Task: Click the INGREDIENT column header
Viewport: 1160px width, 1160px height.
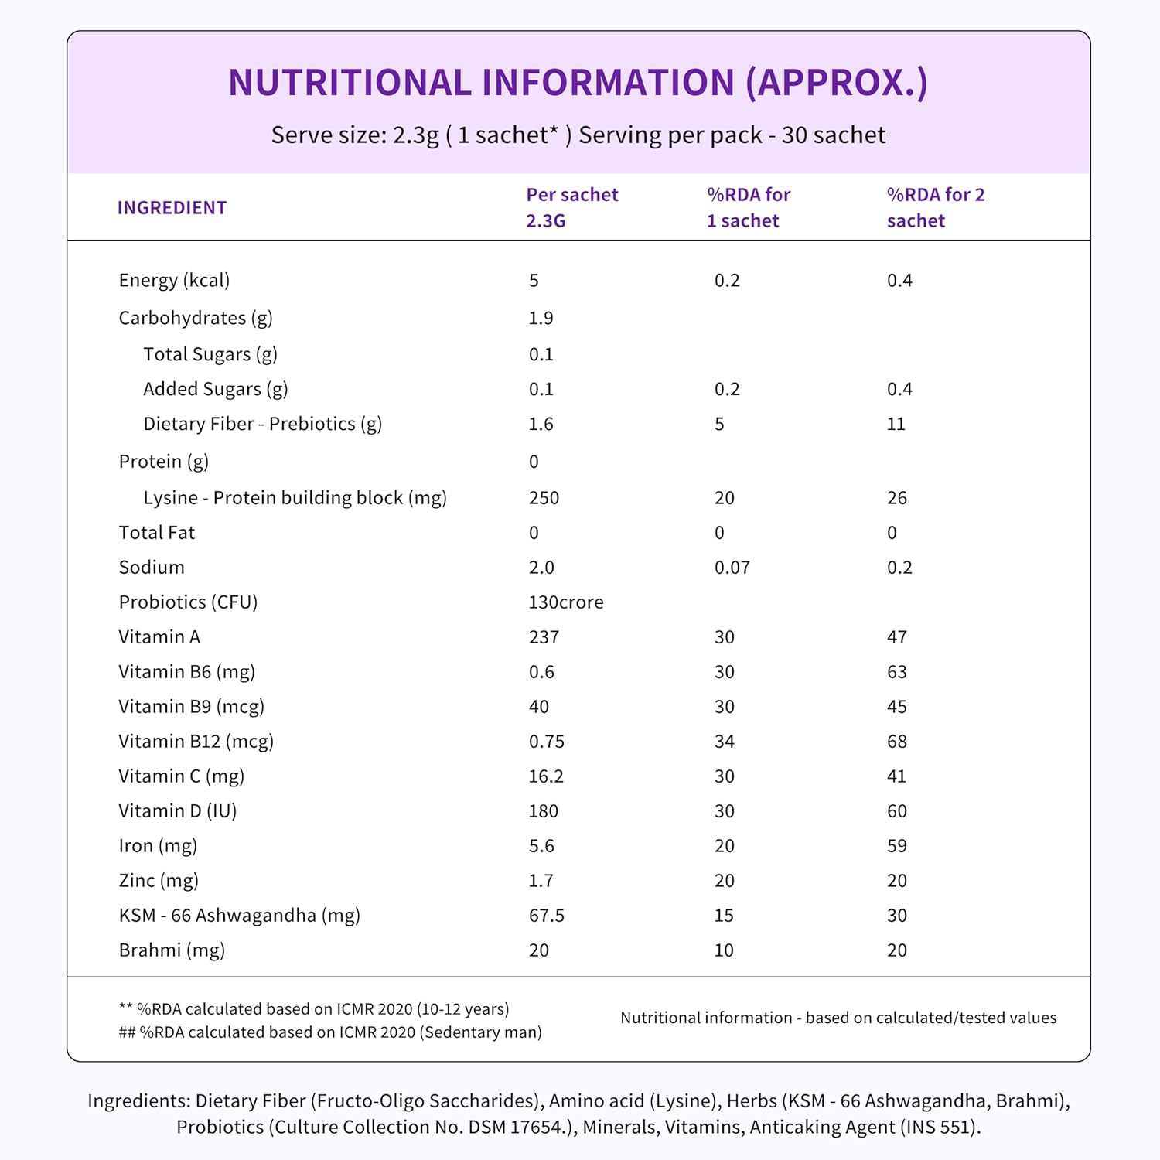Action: (172, 208)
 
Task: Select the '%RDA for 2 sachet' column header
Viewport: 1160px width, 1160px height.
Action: (935, 207)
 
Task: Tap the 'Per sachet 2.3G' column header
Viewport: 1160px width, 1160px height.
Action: (571, 207)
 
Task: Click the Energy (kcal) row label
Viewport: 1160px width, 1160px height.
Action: (174, 280)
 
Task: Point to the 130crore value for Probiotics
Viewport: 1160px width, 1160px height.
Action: (565, 602)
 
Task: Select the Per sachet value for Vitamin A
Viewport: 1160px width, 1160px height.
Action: (544, 637)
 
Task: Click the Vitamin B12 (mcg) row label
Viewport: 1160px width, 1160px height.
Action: (196, 742)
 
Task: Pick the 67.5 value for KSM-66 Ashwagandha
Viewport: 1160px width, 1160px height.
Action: (546, 916)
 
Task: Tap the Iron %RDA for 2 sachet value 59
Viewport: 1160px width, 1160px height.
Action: (896, 846)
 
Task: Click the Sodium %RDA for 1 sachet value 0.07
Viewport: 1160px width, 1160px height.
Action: (732, 568)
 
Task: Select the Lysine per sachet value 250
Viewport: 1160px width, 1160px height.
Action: (544, 498)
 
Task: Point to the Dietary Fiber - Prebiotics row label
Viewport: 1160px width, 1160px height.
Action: (262, 424)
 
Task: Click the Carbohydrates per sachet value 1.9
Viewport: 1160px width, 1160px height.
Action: (541, 318)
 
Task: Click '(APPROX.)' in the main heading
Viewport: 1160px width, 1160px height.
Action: (836, 83)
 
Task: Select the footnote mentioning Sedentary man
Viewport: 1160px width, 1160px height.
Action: (330, 1032)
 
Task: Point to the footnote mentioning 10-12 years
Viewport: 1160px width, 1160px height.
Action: (314, 1009)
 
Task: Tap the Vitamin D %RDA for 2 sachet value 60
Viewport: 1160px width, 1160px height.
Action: (896, 811)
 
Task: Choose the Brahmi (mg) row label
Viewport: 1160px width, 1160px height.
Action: (172, 950)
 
